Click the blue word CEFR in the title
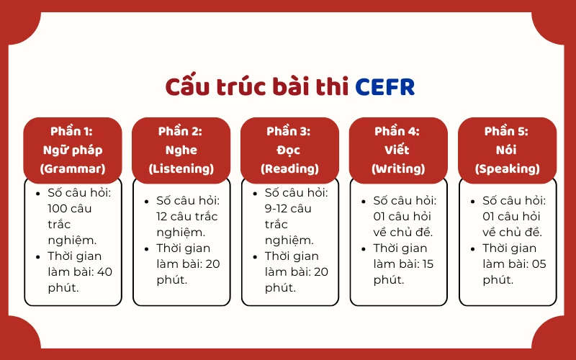[385, 86]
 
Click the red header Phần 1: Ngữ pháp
[72, 150]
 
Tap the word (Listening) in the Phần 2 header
[181, 169]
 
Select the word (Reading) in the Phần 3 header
[289, 169]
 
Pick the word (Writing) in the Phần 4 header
[398, 169]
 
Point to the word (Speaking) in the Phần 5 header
[507, 169]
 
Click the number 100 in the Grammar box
[59, 208]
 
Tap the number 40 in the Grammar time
[105, 271]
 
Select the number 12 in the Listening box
[163, 216]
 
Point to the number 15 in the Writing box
[428, 264]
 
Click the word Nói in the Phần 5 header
[507, 150]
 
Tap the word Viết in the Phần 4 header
[398, 150]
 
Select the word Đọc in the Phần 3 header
[289, 150]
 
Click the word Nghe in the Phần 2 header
[181, 150]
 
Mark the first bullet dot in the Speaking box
[472, 201]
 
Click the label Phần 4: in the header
[398, 131]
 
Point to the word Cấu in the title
[186, 86]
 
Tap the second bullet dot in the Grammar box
[38, 256]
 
